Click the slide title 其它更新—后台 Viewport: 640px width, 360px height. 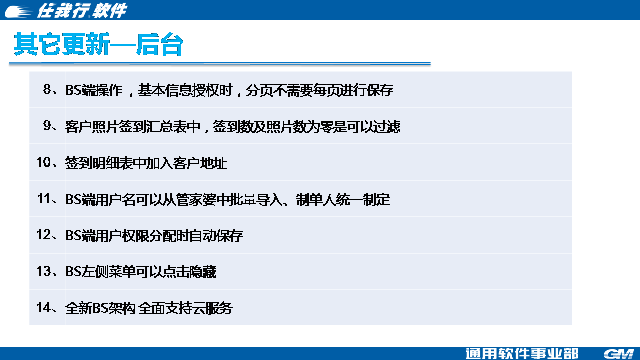99,44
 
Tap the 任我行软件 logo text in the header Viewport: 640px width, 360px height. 82,11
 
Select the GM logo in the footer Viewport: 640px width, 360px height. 619,354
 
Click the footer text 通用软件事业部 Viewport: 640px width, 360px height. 522,354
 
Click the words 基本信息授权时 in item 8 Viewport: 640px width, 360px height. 185,90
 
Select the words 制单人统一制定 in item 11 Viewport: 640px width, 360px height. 343,199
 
